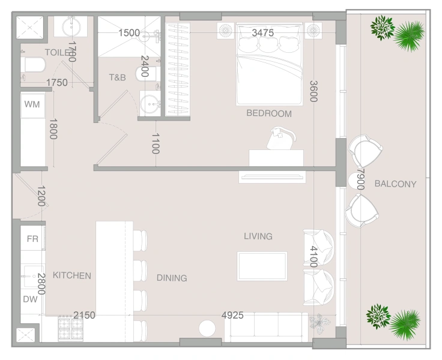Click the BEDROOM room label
(x=268, y=113)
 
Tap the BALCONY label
(x=395, y=184)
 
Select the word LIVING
(x=258, y=236)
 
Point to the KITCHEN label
(x=72, y=276)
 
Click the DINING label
(x=172, y=278)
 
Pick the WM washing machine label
(x=32, y=104)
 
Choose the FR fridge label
(x=32, y=239)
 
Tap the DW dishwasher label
(x=31, y=299)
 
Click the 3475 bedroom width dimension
(x=263, y=33)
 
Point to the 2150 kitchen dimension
(x=84, y=315)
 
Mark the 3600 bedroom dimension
(x=313, y=91)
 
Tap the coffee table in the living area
(x=262, y=266)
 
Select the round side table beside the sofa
(x=207, y=329)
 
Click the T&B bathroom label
(x=117, y=77)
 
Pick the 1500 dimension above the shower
(x=129, y=33)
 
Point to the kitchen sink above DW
(x=32, y=277)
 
